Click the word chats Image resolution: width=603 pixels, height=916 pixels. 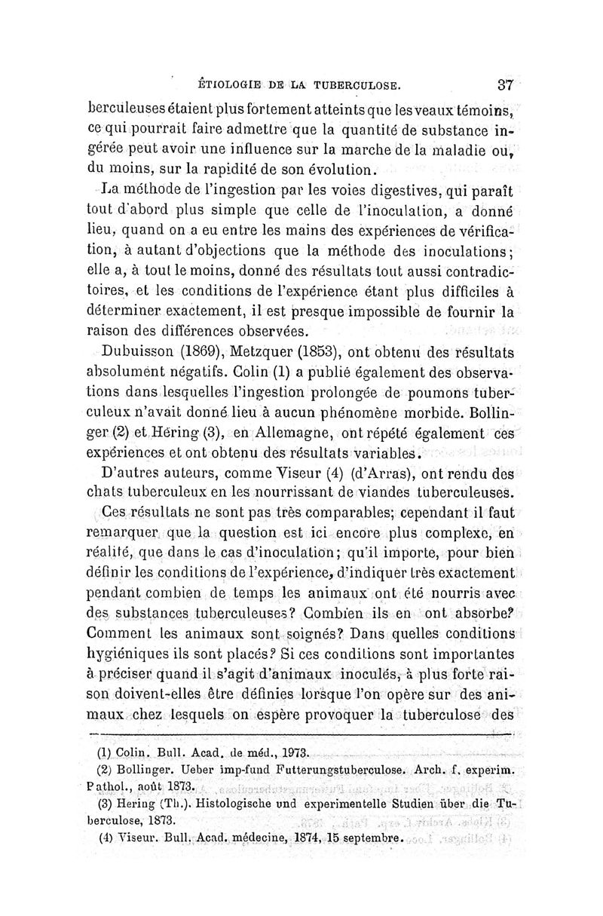pos(107,495)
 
